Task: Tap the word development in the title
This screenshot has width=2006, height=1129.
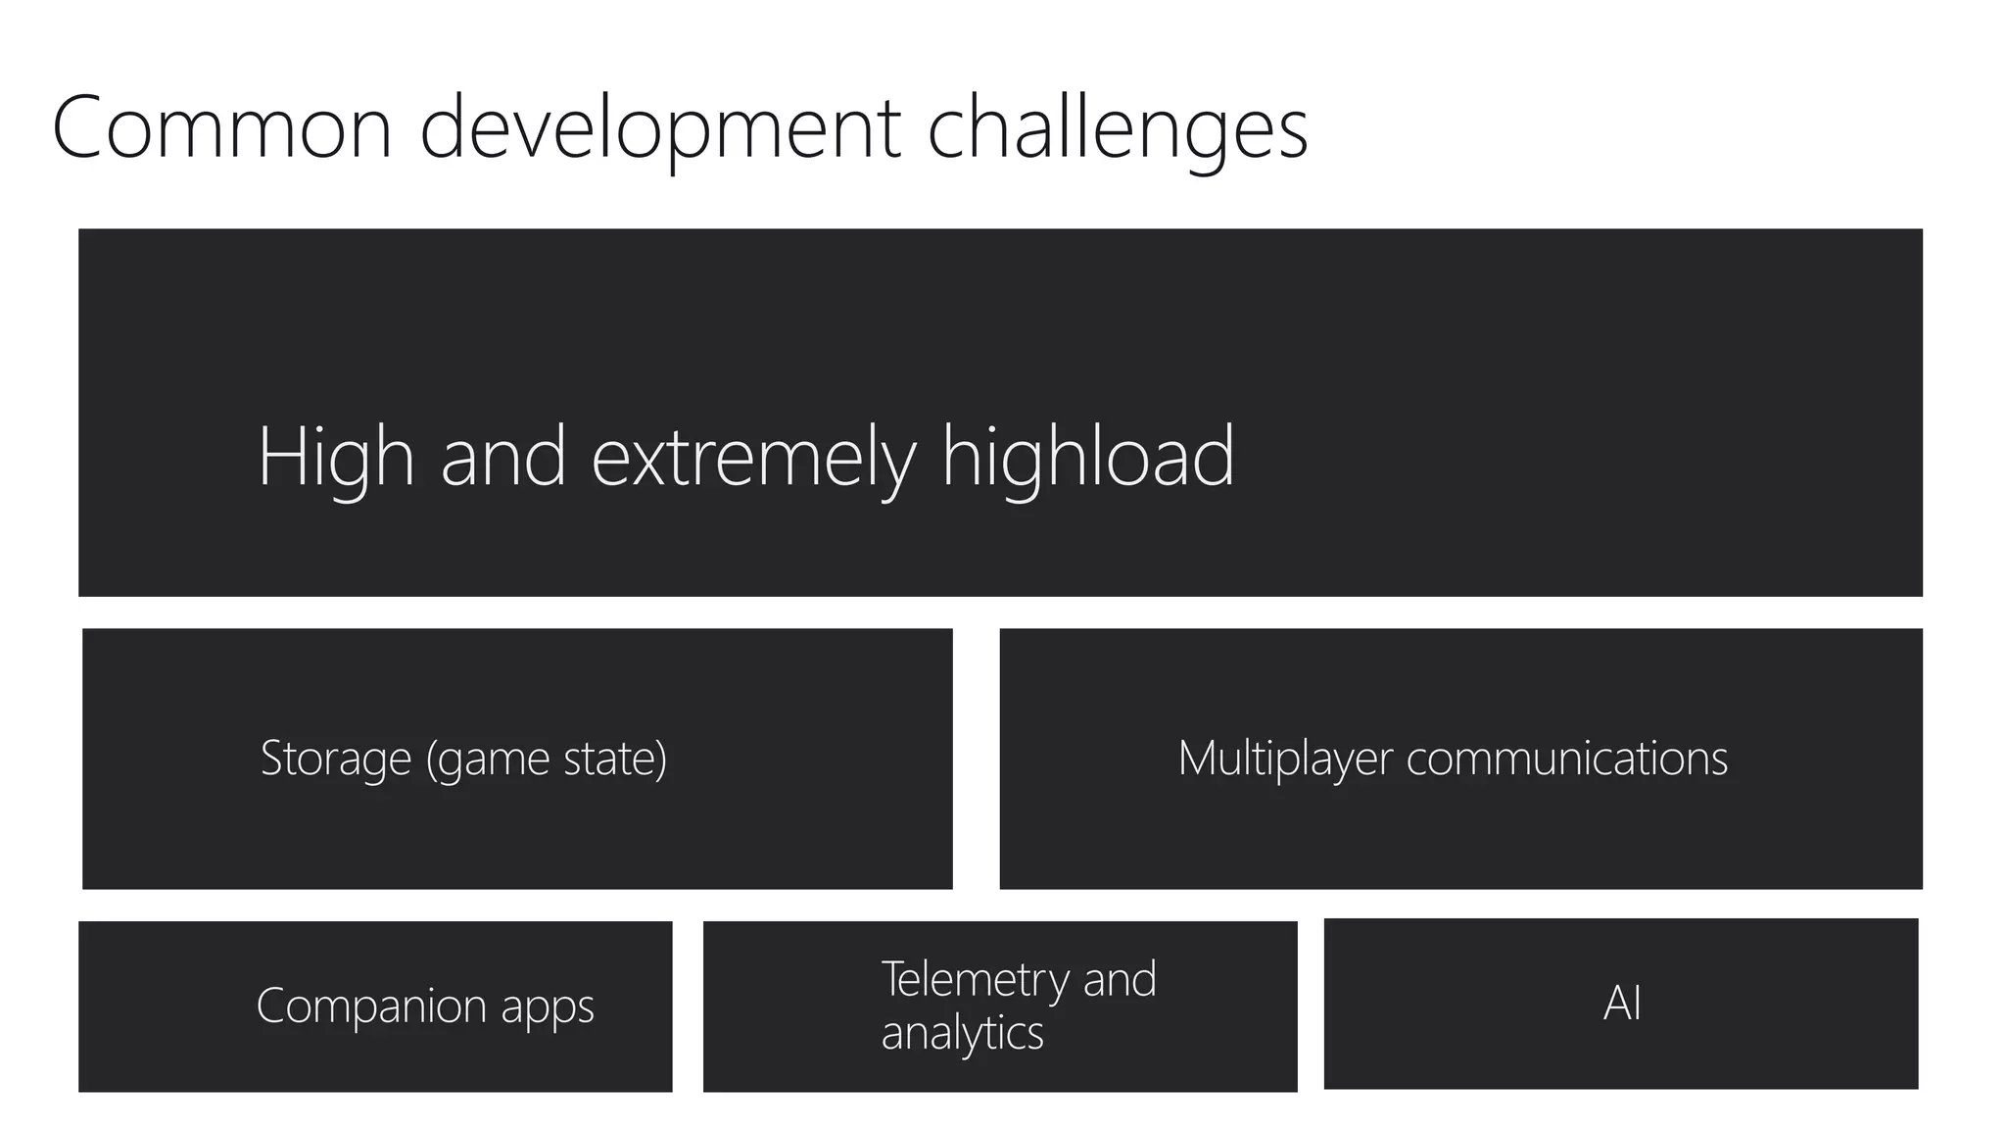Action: (660, 129)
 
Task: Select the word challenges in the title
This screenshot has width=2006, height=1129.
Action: (1117, 129)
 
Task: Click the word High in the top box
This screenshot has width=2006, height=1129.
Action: (336, 458)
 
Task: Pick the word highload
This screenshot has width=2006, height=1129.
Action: (1087, 456)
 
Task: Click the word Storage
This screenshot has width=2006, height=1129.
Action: (336, 758)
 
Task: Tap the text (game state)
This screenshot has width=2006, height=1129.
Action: (547, 760)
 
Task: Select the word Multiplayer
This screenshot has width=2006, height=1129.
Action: (1284, 759)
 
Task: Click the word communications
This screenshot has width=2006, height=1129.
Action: (1567, 758)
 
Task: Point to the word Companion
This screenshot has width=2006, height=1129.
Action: (371, 1006)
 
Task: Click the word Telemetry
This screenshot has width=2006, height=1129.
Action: (976, 980)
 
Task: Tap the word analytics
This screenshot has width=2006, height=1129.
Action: (962, 1033)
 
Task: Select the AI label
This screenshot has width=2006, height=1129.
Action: (1622, 1003)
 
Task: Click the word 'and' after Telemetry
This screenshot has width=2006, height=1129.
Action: (1120, 979)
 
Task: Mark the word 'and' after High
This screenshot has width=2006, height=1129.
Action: (503, 458)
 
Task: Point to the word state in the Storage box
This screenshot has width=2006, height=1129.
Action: (614, 759)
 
